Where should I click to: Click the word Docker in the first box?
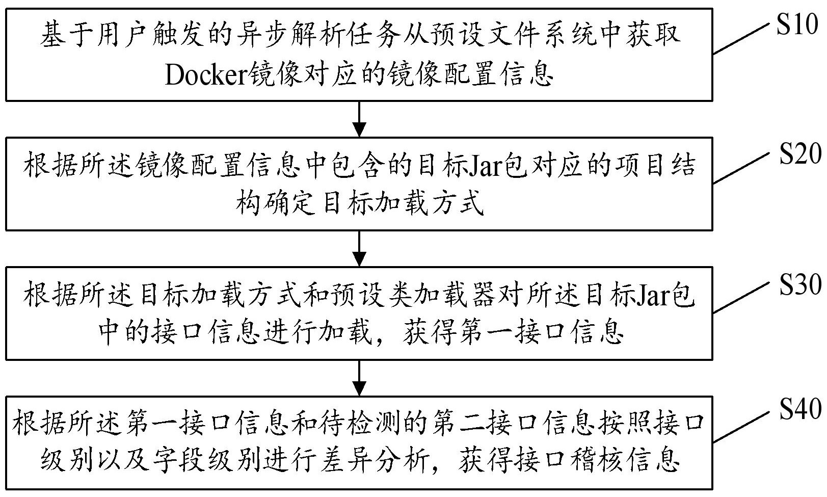(205, 75)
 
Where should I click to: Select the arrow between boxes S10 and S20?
(359, 119)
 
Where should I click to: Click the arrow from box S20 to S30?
(359, 249)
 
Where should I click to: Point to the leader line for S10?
(740, 38)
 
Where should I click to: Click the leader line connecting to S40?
(741, 426)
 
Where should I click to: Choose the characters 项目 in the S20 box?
(642, 166)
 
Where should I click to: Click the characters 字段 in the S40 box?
(179, 460)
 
